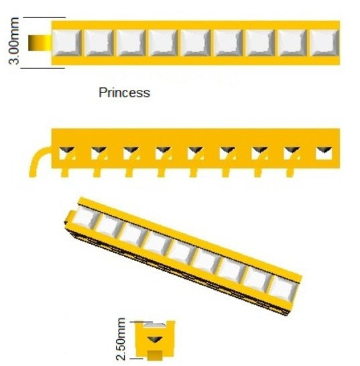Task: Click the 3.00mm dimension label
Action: [13, 41]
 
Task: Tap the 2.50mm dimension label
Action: [121, 339]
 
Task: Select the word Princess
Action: [124, 93]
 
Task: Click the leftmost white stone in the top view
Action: [67, 43]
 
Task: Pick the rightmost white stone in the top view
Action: [324, 43]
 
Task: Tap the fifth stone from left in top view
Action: [196, 43]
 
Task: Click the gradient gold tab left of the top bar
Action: [40, 43]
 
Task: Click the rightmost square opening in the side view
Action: [324, 153]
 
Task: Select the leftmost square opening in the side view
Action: [67, 153]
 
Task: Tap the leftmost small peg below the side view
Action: [64, 172]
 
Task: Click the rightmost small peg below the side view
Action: [290, 172]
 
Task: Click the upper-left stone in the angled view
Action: [84, 217]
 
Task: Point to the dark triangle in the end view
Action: [154, 339]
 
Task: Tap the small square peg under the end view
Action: [155, 355]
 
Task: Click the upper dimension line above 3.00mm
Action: [44, 17]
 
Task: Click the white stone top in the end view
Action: [155, 324]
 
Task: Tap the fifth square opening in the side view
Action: [196, 153]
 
